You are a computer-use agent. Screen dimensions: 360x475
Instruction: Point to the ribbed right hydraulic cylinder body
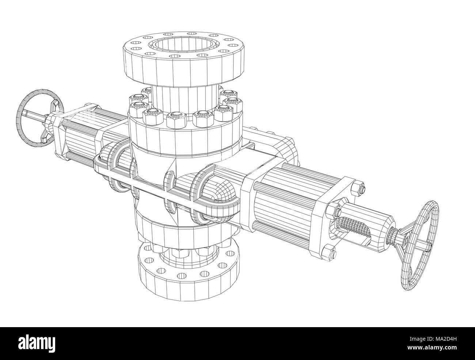[281, 197]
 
